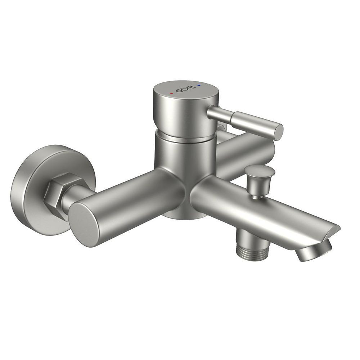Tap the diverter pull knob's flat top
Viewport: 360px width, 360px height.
pyautogui.click(x=259, y=170)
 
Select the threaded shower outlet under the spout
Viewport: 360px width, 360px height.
pyautogui.click(x=254, y=252)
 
